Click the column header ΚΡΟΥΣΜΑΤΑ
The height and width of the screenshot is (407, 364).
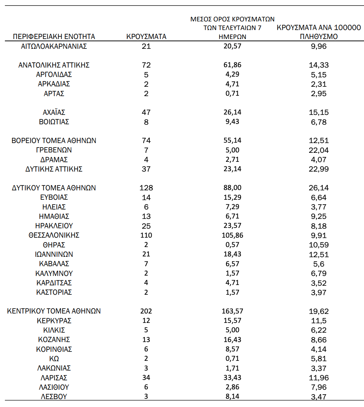coord(146,36)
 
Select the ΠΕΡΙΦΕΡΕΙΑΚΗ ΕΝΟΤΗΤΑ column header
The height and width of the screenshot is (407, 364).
coord(54,36)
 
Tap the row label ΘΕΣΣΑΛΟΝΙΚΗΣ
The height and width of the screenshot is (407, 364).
coord(54,235)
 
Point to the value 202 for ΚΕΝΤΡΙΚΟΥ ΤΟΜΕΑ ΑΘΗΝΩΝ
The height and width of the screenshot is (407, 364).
coord(146,311)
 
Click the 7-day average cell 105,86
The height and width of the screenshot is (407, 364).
coord(232,235)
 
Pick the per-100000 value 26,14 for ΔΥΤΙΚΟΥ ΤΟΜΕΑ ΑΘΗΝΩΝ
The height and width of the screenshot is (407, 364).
coord(318,188)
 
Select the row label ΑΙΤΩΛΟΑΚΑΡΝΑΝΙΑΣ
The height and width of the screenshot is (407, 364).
coord(54,46)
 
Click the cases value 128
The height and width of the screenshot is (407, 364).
coord(146,188)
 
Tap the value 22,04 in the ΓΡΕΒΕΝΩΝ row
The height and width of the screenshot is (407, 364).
coord(318,150)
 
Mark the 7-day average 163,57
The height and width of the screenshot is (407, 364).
coord(232,311)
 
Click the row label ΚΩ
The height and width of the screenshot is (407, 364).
coord(54,359)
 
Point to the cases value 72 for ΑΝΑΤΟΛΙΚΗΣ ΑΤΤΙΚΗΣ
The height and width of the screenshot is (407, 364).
coord(146,65)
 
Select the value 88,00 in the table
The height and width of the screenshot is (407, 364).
coord(232,188)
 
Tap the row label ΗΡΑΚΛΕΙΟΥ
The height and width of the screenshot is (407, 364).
coord(54,226)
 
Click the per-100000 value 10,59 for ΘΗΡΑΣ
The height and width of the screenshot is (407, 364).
coord(318,245)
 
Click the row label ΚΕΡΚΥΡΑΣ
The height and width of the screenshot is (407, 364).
coord(54,321)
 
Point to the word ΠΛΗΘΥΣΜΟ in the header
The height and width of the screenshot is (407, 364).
coord(318,37)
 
